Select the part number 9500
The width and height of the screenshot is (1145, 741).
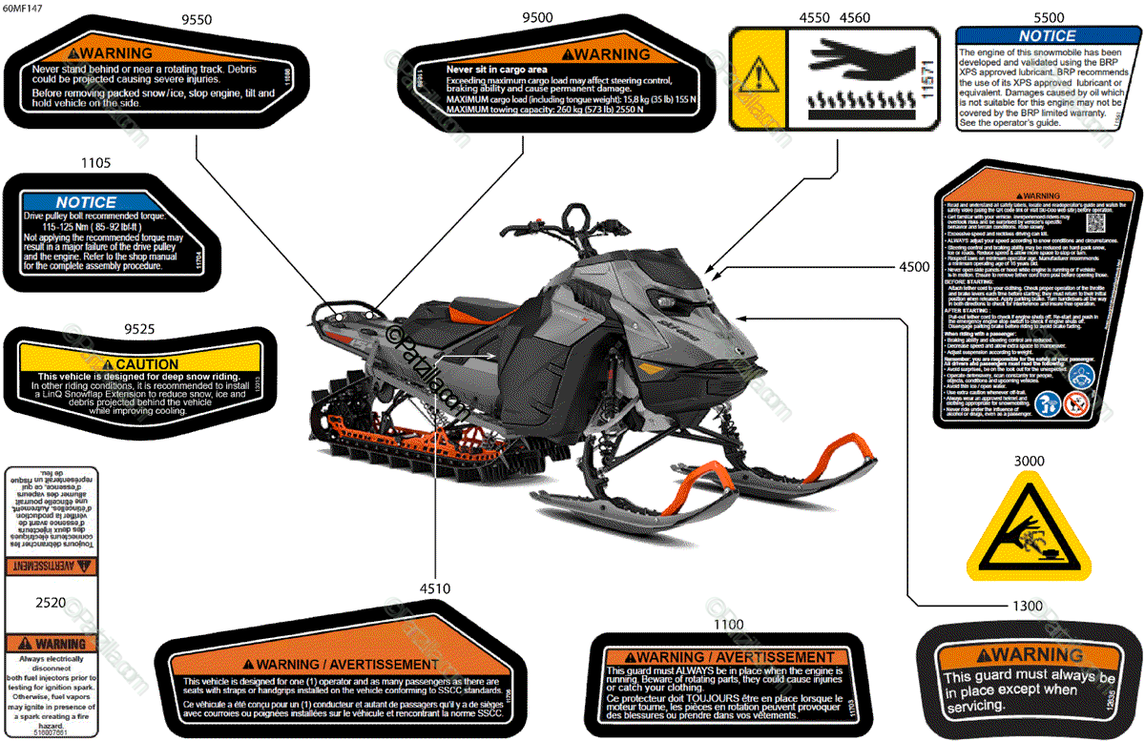537,18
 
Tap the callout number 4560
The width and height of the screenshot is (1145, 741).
854,18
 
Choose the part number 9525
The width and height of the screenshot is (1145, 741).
138,329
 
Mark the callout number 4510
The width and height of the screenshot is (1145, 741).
434,588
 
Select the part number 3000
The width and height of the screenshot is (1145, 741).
1028,461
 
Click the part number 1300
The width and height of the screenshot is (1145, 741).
1028,606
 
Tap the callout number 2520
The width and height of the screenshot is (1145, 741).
51,603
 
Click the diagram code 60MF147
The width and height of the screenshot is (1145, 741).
22,7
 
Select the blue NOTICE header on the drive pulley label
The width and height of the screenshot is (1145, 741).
86,202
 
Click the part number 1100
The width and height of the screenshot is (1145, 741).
728,624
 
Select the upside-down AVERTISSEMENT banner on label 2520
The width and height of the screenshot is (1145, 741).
51,566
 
